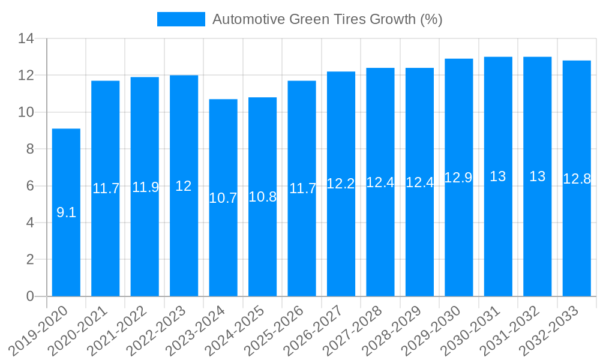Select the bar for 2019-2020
[x=66, y=240]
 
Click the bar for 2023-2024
[x=223, y=252]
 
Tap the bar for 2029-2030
[x=459, y=240]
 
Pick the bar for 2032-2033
[x=577, y=240]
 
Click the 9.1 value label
[x=66, y=212]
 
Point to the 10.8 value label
[x=262, y=197]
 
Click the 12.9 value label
[x=459, y=178]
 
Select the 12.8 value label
[x=577, y=179]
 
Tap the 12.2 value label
[x=341, y=184]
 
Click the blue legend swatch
[x=181, y=19]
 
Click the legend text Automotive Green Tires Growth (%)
[x=328, y=19]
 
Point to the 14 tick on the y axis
[x=26, y=39]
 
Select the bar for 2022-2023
[x=184, y=240]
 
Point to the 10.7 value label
[x=223, y=198]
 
